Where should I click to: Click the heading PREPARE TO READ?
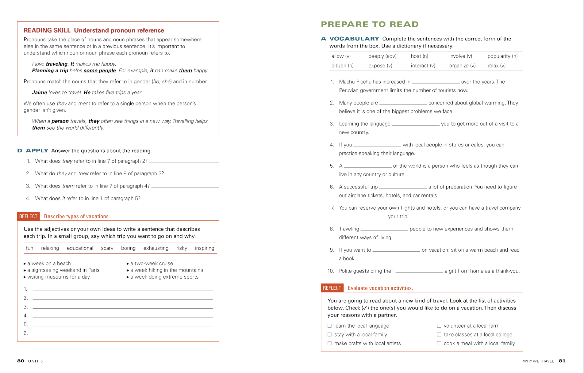tap(370, 24)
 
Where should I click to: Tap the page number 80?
tap(21, 361)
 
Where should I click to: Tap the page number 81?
tap(562, 361)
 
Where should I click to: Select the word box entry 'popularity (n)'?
tap(502, 56)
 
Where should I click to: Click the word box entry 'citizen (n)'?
tap(342, 66)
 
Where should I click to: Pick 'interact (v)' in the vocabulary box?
tap(423, 66)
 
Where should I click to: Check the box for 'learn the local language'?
tap(329, 326)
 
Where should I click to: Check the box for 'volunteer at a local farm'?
tap(439, 326)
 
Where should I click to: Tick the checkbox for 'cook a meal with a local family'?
tap(439, 343)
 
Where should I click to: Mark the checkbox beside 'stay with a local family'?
tap(329, 335)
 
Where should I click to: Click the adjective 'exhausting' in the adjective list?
tap(156, 248)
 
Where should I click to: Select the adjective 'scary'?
tap(107, 248)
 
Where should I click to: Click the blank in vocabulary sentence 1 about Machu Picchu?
tap(436, 82)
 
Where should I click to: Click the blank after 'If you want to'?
tap(396, 250)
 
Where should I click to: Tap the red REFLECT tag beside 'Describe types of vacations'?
tap(28, 216)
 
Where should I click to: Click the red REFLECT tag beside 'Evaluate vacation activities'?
tap(332, 288)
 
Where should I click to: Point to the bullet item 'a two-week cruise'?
tap(152, 263)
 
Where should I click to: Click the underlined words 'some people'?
tap(100, 70)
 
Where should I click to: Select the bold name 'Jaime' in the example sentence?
tap(40, 93)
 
